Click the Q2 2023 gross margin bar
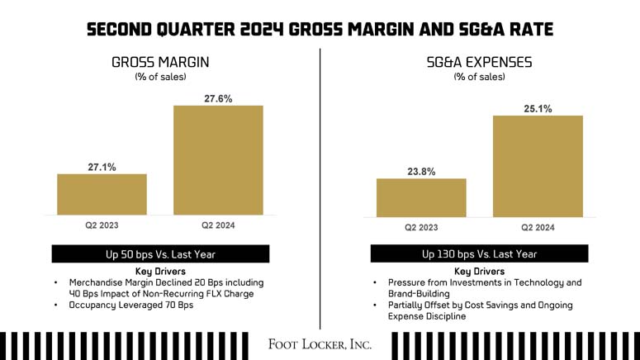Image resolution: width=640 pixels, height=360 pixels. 102,194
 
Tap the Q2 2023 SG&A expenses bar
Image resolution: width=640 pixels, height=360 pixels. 421,198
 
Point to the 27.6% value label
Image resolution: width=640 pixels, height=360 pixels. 218,98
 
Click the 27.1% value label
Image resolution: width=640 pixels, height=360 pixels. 102,167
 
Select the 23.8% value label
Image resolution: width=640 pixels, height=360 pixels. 421,172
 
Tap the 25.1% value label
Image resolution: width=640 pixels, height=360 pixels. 538,108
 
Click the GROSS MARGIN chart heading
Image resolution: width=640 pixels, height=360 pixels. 160,61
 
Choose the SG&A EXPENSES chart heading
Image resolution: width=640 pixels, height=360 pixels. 479,61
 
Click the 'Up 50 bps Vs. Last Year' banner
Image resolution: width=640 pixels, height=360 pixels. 160,254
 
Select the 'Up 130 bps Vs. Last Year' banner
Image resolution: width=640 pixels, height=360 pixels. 479,254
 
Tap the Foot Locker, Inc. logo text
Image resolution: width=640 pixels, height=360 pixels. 320,343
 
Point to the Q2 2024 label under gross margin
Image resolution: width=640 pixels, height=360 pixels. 218,224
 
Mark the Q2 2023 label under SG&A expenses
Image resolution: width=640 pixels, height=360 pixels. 421,227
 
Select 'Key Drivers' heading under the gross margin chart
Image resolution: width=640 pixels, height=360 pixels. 160,271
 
